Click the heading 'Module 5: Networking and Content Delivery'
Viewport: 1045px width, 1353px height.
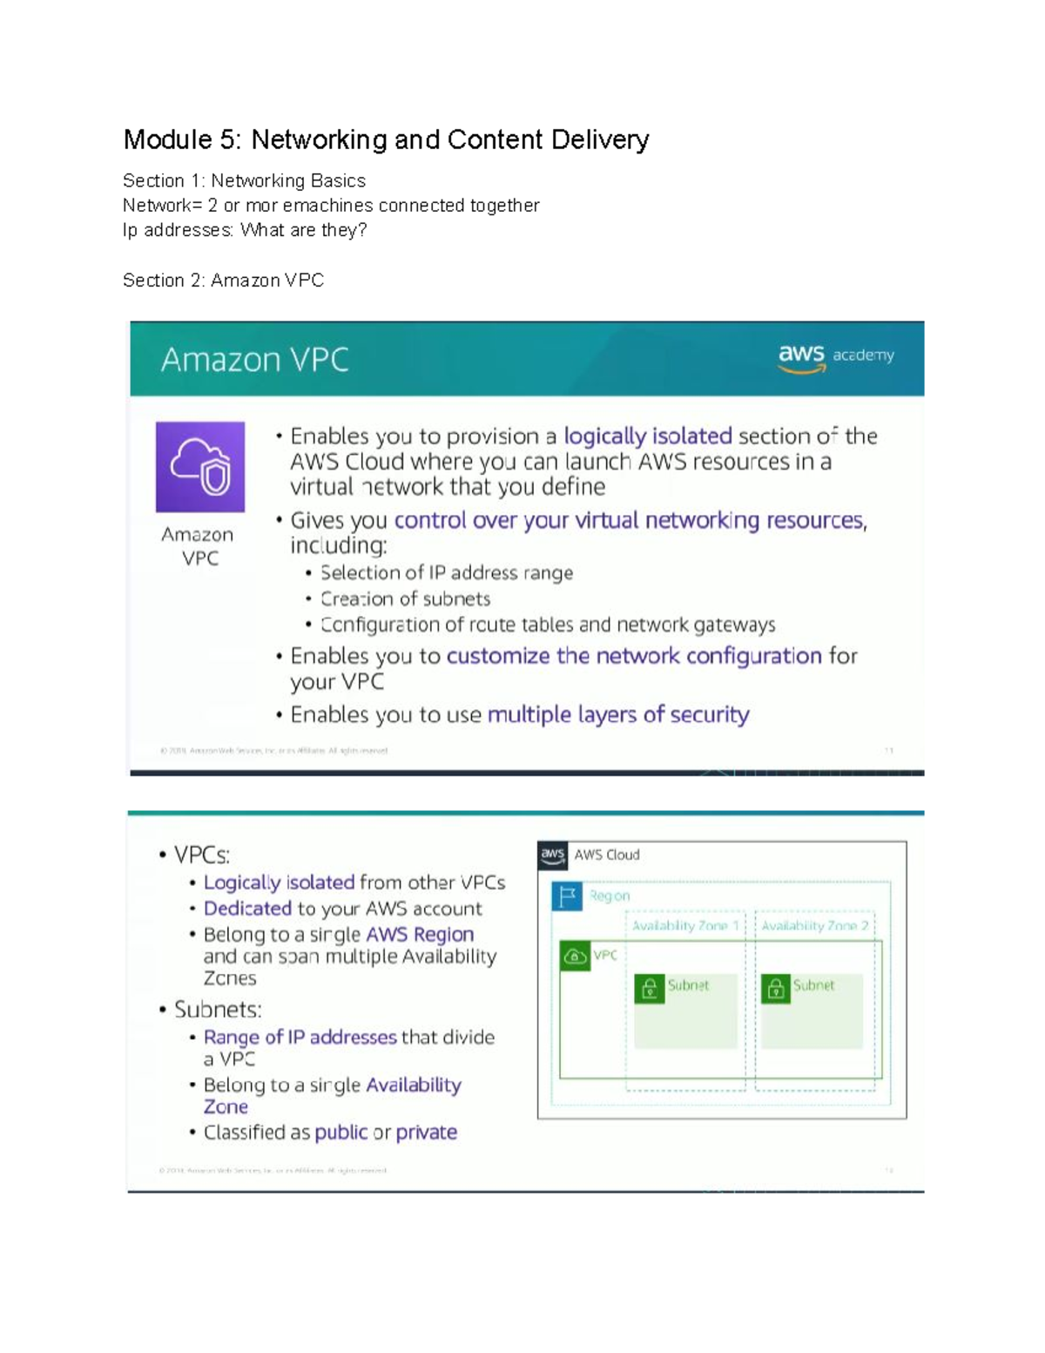coord(386,139)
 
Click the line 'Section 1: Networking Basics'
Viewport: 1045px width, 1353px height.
coord(244,181)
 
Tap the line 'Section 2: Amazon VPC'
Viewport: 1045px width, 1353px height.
coord(223,281)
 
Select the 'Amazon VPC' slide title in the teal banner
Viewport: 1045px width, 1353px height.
coord(254,360)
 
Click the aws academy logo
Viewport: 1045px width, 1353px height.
coord(835,356)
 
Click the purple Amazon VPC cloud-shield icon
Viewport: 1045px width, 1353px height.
coord(200,467)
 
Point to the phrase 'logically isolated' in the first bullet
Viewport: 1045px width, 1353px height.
coord(648,436)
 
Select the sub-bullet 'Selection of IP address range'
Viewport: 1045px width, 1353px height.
coord(446,572)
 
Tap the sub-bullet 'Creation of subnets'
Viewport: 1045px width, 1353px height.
coord(405,599)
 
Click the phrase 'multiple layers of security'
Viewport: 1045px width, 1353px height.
coord(618,714)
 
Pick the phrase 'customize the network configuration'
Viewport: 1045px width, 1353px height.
coord(634,655)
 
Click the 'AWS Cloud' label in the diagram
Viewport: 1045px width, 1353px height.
coord(606,855)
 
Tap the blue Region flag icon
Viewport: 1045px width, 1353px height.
coord(566,896)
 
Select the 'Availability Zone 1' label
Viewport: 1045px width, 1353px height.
coord(684,925)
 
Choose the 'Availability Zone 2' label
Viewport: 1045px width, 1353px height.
coord(814,925)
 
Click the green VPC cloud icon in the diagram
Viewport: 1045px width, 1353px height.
coord(575,956)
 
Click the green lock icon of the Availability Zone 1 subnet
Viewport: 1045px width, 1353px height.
coord(649,989)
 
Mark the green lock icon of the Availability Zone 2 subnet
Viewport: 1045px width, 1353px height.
coord(775,989)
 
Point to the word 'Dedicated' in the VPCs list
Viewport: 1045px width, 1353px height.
coord(247,908)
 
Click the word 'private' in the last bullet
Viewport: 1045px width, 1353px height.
coord(426,1132)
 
